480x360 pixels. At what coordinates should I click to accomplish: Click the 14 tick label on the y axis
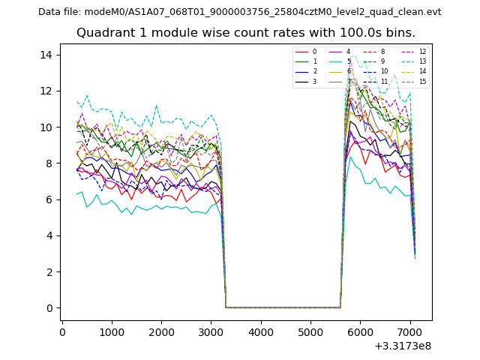45,55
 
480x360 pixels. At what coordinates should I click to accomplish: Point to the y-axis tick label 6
48,199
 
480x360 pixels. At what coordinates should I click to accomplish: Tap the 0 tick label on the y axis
48,308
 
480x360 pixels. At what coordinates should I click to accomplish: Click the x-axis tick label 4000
260,330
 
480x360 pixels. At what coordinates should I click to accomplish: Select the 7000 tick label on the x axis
409,330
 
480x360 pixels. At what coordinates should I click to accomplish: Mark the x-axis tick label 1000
112,330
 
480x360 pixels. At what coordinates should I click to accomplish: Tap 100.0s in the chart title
346,33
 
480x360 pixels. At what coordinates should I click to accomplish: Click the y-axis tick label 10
45,127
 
